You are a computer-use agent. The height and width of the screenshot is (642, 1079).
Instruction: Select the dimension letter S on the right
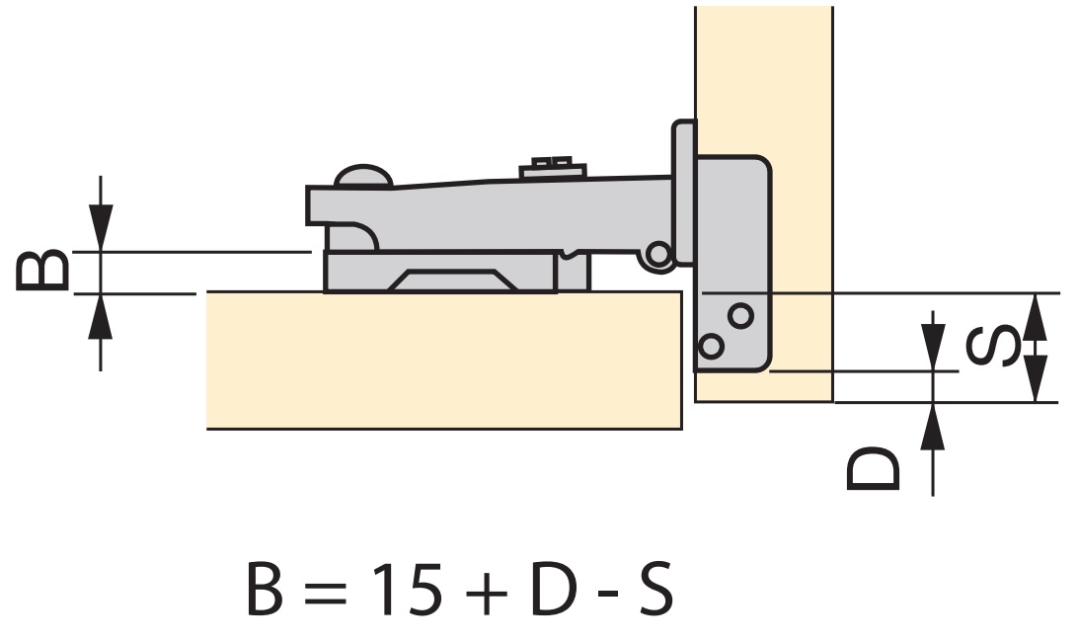[990, 347]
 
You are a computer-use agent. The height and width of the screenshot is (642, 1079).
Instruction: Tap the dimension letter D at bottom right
[874, 469]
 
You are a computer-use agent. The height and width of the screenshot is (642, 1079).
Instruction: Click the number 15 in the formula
[404, 591]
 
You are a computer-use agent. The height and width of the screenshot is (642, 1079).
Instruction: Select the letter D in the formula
[553, 591]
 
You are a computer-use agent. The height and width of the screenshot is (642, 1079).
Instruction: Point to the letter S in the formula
[652, 591]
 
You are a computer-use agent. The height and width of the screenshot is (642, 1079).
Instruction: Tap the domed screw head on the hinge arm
[363, 177]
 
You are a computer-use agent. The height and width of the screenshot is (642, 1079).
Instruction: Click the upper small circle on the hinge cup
[740, 315]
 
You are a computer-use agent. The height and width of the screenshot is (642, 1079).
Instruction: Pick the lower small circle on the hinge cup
[710, 346]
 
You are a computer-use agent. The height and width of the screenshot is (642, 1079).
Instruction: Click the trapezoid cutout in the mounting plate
[454, 281]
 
